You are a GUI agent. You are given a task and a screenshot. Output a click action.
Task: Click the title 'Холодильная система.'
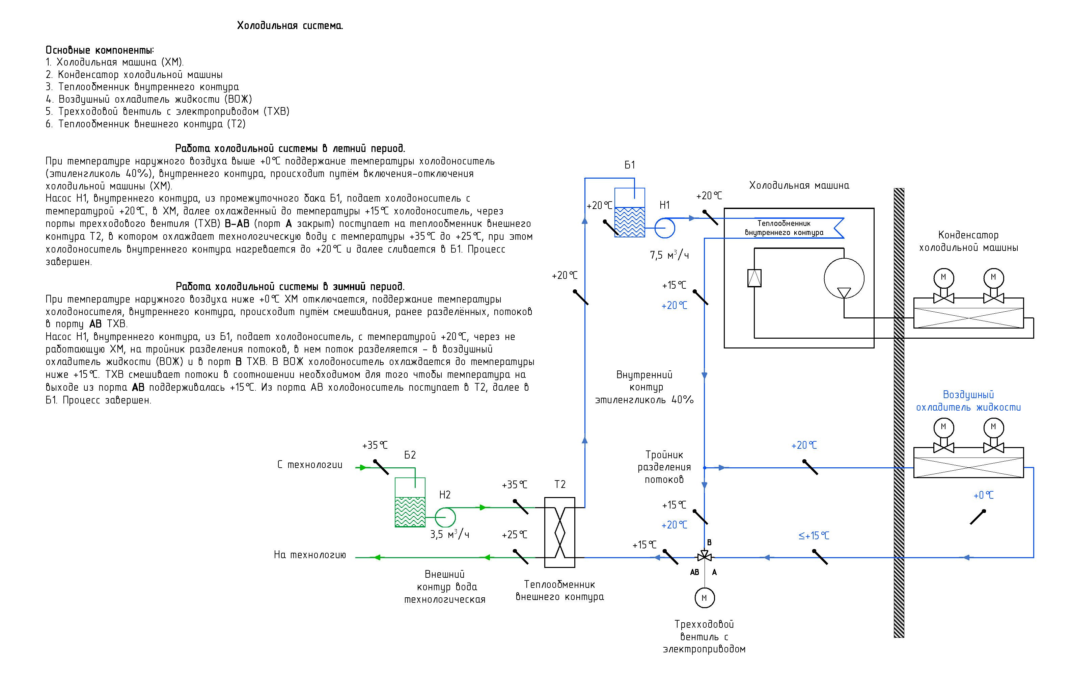(x=290, y=26)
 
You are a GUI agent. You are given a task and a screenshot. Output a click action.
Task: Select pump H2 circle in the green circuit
(x=445, y=518)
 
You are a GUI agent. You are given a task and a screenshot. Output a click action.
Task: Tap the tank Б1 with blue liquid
(x=629, y=212)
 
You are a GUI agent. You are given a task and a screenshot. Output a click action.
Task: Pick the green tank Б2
(x=410, y=502)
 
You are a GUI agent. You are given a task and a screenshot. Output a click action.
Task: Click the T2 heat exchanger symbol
(x=560, y=532)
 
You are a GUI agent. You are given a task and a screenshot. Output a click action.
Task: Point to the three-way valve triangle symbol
(x=704, y=556)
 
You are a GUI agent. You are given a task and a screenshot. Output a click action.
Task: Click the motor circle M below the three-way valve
(x=705, y=598)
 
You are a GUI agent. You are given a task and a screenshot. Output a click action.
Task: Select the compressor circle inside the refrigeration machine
(x=844, y=279)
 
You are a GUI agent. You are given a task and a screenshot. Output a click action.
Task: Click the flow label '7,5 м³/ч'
(x=669, y=255)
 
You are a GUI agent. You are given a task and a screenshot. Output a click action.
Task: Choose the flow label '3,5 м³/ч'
(x=450, y=534)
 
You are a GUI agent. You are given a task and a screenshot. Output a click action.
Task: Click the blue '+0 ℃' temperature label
(x=983, y=495)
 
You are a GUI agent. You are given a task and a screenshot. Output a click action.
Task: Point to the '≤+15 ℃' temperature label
(x=814, y=536)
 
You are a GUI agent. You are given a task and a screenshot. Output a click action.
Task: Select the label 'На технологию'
(x=310, y=555)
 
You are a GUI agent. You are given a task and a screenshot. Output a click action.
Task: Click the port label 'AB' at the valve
(x=694, y=572)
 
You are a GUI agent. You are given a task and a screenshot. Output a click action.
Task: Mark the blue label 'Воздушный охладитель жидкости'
(x=968, y=401)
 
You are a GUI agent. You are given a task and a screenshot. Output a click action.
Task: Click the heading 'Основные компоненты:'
(x=100, y=50)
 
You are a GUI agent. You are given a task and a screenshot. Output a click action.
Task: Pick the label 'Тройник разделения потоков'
(x=664, y=467)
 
